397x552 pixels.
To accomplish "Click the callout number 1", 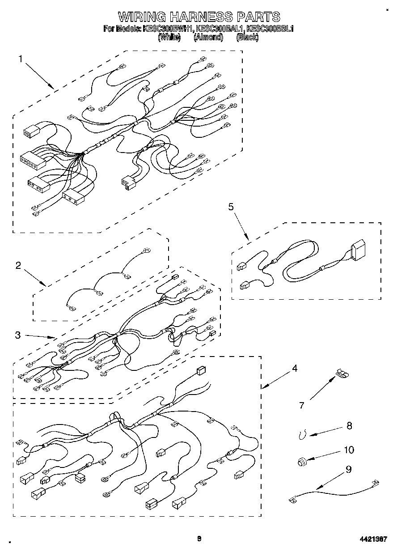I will click(20, 59).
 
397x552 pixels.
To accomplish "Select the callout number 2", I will click(18, 265).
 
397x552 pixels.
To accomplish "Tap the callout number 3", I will click(17, 335).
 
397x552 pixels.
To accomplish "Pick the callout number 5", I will click(231, 206).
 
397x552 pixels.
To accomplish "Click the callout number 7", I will click(302, 405).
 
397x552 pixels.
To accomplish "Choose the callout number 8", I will click(349, 425).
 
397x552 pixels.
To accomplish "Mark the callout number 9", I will click(349, 469).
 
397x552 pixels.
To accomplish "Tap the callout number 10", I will click(349, 450).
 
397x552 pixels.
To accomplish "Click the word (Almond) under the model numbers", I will click(208, 38).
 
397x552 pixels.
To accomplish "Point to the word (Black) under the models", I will click(247, 38).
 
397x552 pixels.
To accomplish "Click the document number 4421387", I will click(373, 539).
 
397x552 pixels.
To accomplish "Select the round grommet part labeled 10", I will click(302, 461).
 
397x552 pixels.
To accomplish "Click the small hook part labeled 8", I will click(303, 433).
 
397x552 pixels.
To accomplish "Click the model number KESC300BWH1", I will click(168, 29).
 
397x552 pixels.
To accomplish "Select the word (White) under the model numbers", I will click(169, 38).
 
